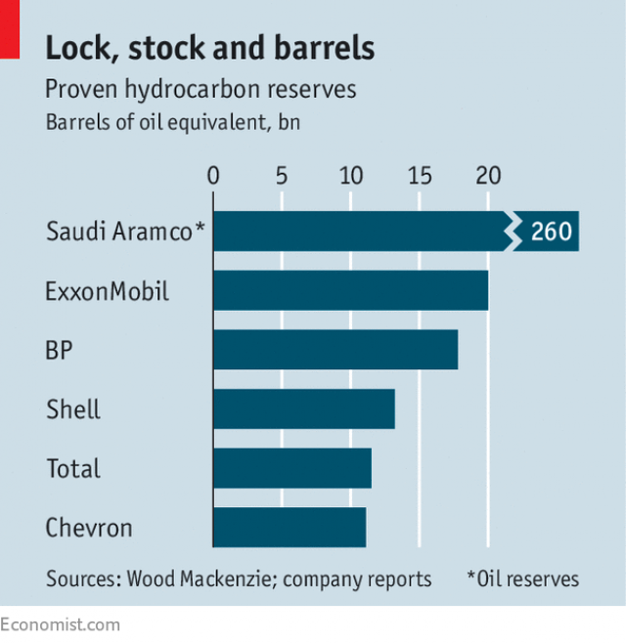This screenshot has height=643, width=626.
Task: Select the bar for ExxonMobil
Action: pos(350,290)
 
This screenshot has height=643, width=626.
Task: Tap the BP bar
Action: pos(335,350)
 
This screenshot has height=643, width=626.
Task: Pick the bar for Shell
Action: pos(303,408)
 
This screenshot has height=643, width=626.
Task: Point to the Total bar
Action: pos(291,468)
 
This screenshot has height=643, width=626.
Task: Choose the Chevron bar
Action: pos(289,528)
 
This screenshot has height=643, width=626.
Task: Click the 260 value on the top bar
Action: pos(552,233)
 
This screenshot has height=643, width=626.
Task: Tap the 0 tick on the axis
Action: pos(213,177)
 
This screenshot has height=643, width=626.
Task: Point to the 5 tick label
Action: pos(282,177)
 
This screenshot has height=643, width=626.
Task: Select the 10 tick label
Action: pos(350,177)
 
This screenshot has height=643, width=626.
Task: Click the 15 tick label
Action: pos(419,177)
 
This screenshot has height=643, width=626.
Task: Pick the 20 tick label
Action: pos(488,177)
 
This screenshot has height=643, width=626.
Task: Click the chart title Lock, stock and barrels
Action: pos(210,47)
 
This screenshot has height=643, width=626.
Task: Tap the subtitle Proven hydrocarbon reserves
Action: pos(201,90)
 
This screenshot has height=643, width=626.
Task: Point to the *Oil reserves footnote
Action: pos(522,579)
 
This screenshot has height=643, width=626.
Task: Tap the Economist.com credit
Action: pos(61,624)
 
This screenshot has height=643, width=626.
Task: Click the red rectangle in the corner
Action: pos(10,26)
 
